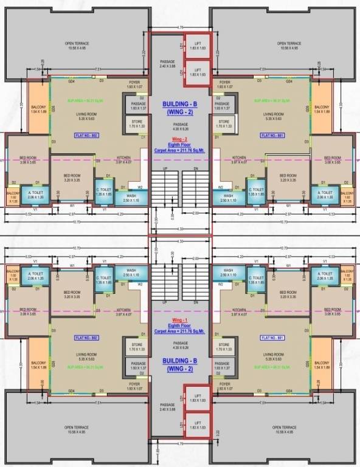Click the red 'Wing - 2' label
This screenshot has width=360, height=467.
(180, 138)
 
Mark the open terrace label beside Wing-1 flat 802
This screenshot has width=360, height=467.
(77, 429)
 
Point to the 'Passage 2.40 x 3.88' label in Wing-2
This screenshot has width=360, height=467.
(167, 64)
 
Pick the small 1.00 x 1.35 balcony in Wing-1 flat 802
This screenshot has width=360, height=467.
(13, 277)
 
